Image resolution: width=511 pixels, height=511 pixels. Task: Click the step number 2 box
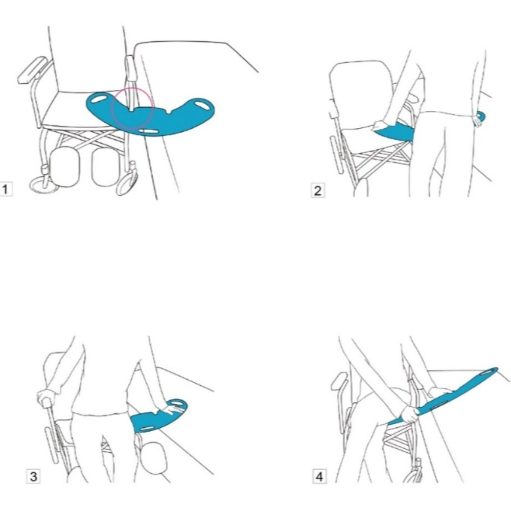click(317, 191)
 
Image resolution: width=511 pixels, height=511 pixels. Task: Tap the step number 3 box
click(33, 476)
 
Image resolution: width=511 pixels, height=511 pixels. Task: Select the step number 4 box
click(319, 476)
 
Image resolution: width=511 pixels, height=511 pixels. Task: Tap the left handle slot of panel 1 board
click(100, 98)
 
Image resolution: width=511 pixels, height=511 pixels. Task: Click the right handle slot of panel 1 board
click(202, 106)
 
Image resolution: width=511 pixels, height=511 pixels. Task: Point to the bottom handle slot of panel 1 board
click(148, 131)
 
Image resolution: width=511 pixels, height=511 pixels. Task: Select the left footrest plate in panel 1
click(64, 166)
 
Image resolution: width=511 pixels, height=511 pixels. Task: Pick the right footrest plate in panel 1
click(106, 167)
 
